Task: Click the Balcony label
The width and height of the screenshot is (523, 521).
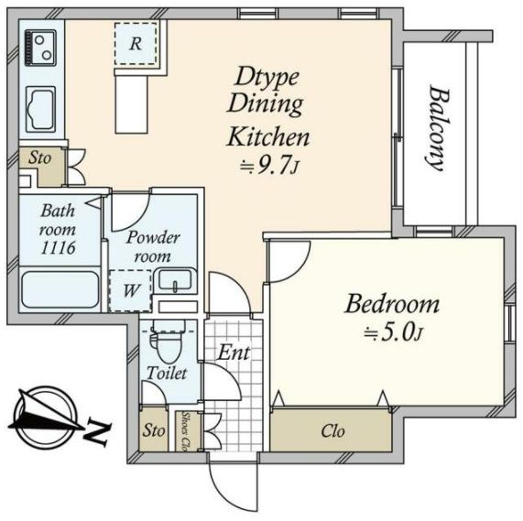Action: coord(438,129)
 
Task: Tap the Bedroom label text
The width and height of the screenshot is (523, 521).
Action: coord(392,304)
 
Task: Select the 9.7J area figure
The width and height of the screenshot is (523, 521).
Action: coord(269,165)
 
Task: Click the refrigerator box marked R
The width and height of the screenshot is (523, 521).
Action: coord(136,44)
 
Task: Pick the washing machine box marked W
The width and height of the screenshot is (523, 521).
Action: coord(131,290)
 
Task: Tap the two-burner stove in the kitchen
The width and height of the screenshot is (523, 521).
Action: coord(41,49)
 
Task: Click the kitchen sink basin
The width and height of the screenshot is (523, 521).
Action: coord(40,109)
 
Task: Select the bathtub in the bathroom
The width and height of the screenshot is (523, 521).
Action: coord(60,289)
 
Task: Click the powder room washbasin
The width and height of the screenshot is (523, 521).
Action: coord(175,280)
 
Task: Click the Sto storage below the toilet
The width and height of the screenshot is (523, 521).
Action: coord(154,430)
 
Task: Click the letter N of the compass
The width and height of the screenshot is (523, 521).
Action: coord(97,432)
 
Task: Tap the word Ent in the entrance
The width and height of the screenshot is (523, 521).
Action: coord(234,353)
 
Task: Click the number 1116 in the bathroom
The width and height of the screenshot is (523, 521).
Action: coord(58,248)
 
